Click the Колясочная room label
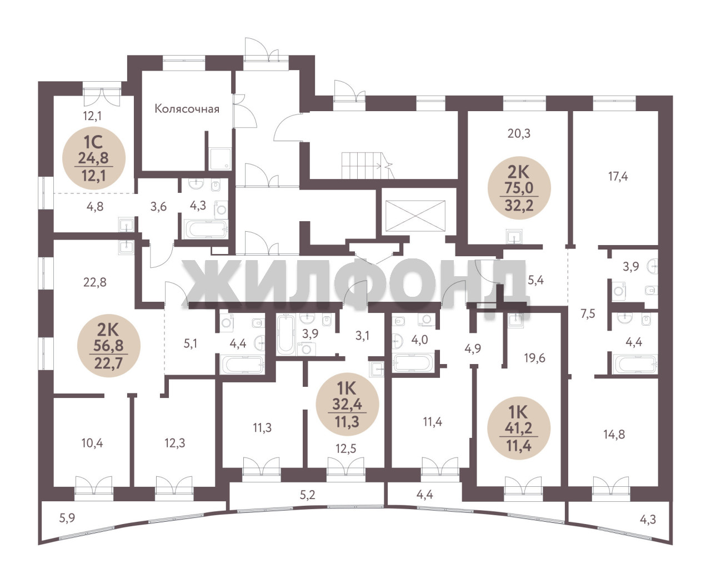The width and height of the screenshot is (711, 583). pyautogui.click(x=187, y=108)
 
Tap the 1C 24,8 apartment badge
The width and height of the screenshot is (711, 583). pyautogui.click(x=94, y=158)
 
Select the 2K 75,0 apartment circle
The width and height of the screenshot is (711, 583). pyautogui.click(x=519, y=188)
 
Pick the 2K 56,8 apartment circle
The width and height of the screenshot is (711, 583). pyautogui.click(x=108, y=346)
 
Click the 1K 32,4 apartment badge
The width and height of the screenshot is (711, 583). pyautogui.click(x=347, y=404)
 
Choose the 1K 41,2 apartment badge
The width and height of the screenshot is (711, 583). pyautogui.click(x=518, y=428)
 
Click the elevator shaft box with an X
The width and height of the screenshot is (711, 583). pyautogui.click(x=415, y=216)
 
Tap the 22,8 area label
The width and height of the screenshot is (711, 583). pyautogui.click(x=95, y=282)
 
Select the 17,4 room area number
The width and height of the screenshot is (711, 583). pyautogui.click(x=618, y=176)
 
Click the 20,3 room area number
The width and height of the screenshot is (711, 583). pyautogui.click(x=519, y=133)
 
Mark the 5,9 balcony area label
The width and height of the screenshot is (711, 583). pyautogui.click(x=67, y=517)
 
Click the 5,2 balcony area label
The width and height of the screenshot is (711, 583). pyautogui.click(x=307, y=495)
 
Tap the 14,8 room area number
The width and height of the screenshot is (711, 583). pyautogui.click(x=614, y=434)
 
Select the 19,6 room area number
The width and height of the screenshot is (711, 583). pyautogui.click(x=535, y=357)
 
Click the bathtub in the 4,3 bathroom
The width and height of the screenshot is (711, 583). pyautogui.click(x=206, y=229)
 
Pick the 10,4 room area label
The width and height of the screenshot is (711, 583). pyautogui.click(x=92, y=442)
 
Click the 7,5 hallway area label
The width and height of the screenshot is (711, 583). pyautogui.click(x=588, y=313)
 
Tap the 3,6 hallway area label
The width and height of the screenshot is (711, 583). pyautogui.click(x=158, y=206)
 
